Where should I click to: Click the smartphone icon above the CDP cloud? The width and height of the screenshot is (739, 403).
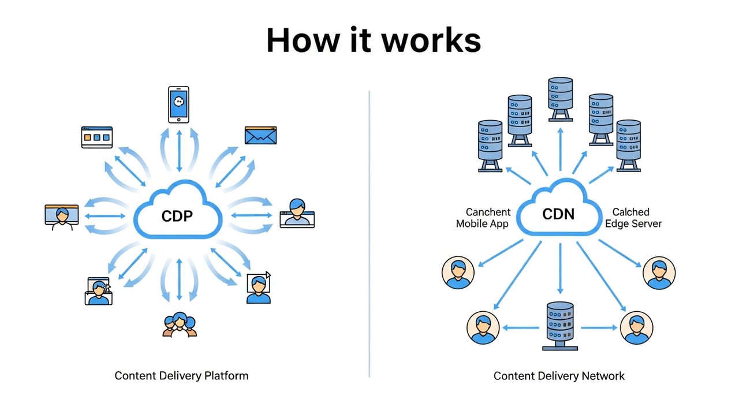point(179,105)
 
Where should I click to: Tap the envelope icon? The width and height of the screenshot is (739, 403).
point(261,135)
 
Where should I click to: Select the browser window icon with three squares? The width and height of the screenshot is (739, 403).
point(96,137)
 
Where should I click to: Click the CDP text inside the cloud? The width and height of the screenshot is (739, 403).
point(177,217)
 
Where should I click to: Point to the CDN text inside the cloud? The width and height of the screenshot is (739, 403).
point(558,214)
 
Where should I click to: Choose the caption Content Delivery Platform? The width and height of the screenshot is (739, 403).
point(181,376)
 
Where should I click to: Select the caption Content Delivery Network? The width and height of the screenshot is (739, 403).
point(559,376)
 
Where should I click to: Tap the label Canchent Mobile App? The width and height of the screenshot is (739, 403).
point(483,218)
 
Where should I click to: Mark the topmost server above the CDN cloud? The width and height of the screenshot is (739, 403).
point(559,98)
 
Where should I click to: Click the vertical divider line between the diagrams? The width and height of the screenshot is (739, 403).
point(369,231)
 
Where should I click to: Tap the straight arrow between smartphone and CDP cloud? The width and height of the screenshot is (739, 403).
point(179,151)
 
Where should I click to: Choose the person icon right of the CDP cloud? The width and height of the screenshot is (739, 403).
point(297,213)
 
